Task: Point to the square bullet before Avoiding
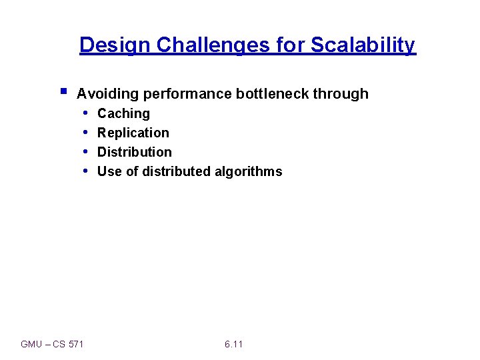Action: pyautogui.click(x=62, y=90)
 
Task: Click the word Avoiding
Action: pyautogui.click(x=107, y=94)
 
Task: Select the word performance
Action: pyautogui.click(x=186, y=94)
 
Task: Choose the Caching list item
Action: pyautogui.click(x=123, y=114)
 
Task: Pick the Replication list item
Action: pyautogui.click(x=133, y=133)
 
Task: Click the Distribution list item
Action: pyautogui.click(x=134, y=152)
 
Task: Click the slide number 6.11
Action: pyautogui.click(x=234, y=344)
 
